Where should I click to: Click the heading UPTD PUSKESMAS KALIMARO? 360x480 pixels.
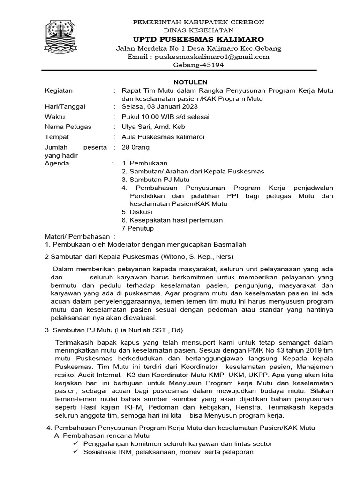[x=199, y=39]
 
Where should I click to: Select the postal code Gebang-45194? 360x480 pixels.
[x=199, y=65]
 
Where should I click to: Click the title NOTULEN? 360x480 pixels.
[x=180, y=82]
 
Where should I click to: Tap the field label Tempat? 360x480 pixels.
[x=57, y=137]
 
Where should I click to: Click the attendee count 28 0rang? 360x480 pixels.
[x=135, y=147]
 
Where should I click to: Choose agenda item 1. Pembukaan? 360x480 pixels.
[x=144, y=163]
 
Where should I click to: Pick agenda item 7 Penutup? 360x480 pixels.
[x=137, y=228]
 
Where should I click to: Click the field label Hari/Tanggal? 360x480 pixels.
[x=65, y=107]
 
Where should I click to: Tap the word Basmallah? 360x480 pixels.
[x=230, y=244]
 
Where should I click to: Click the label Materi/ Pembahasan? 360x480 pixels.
[x=76, y=236]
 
